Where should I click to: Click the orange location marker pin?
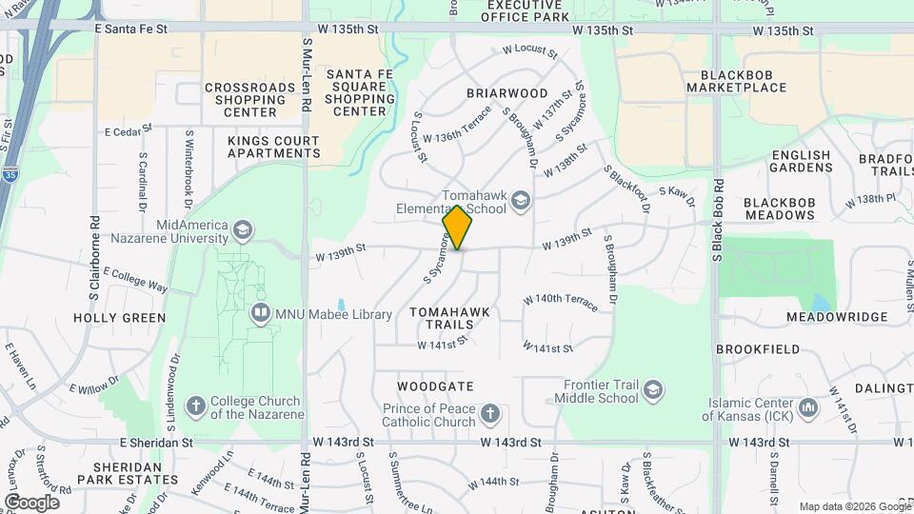458,227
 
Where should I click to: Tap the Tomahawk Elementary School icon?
520,200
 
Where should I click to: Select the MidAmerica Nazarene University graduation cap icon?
243,229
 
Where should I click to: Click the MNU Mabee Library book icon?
259,313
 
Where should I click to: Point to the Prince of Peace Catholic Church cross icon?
489,414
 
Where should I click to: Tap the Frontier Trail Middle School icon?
653,390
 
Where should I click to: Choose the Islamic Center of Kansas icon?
809,407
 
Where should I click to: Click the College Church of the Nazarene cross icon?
196,406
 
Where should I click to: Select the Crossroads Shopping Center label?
250,99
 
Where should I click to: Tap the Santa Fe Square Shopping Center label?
359,92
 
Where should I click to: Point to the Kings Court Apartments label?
273,147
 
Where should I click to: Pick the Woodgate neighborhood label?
435,387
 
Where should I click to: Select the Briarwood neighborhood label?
507,93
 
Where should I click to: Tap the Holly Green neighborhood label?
119,318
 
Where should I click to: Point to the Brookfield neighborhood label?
758,349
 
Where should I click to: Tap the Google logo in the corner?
31,502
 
